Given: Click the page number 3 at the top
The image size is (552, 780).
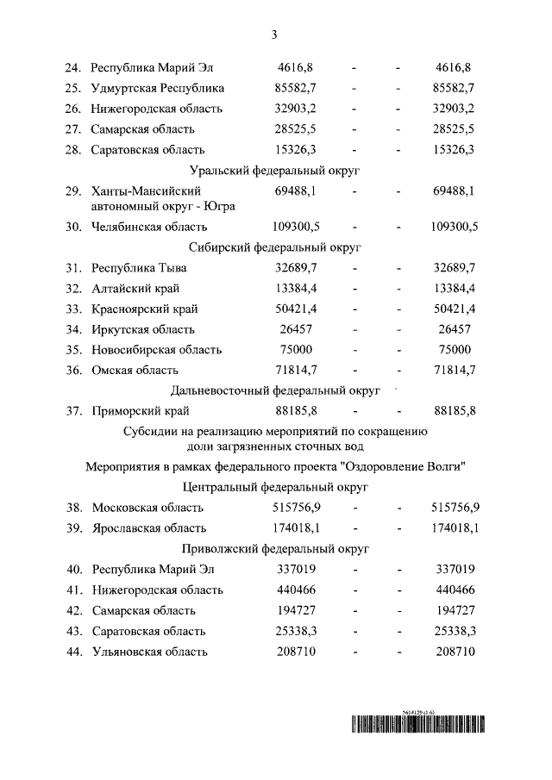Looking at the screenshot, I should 273,35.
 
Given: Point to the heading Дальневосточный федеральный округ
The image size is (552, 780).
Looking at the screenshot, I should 275,390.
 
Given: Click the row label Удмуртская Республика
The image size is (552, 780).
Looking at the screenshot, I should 158,88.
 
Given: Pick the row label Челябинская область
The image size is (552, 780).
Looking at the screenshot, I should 149,227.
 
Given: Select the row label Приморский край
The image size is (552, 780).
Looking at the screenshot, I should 141,410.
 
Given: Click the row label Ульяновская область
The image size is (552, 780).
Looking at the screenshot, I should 149,652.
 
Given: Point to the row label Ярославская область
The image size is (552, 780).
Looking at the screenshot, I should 149,527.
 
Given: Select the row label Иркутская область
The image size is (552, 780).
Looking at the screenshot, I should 143,329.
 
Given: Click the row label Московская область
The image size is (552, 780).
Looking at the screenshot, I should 147,508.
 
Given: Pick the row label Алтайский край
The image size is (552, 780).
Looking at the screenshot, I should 136,288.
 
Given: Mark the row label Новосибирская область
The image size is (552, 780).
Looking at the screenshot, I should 157,350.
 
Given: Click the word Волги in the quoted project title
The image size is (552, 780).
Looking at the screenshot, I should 447,467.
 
